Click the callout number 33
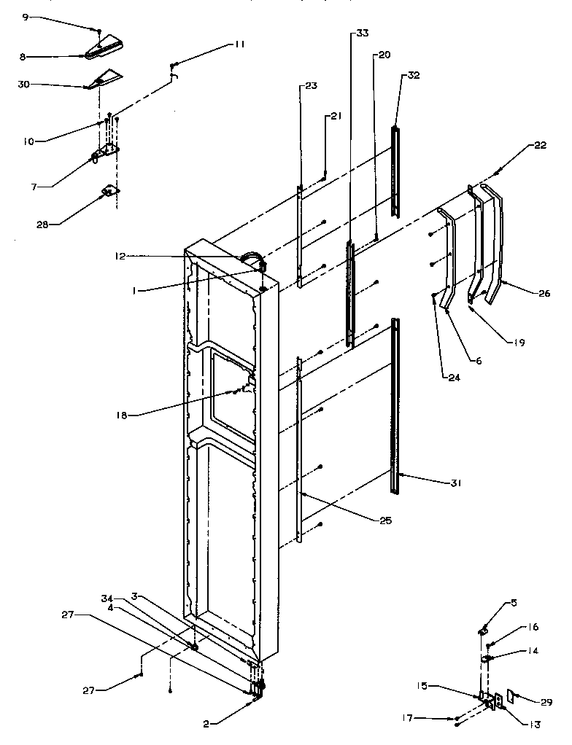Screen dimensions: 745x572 point(363,34)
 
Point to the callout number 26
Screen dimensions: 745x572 point(544,295)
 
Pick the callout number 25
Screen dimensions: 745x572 point(385,520)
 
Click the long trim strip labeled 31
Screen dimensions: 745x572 point(395,408)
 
